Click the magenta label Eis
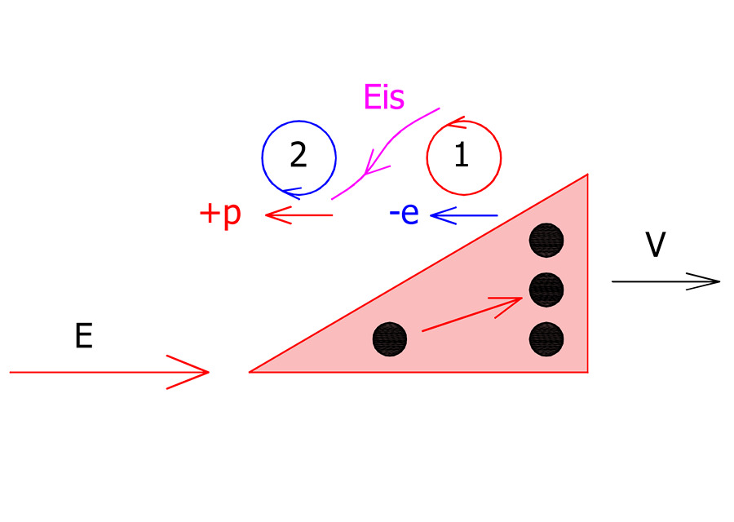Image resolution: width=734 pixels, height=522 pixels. tap(383, 98)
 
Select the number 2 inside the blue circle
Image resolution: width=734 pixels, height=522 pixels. tap(298, 155)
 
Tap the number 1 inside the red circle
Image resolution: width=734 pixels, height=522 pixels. tap(462, 156)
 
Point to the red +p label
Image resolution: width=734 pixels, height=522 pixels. tap(220, 215)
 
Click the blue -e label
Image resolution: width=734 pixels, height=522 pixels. tap(404, 215)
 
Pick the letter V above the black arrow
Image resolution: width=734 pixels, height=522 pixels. tap(656, 246)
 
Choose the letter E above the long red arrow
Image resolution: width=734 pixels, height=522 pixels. tap(83, 337)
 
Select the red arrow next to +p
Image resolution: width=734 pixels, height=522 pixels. tap(298, 215)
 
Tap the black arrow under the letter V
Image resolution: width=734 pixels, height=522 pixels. tap(665, 281)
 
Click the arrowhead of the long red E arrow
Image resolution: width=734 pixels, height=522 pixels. tap(196, 372)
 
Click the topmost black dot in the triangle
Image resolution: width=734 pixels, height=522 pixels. tap(546, 240)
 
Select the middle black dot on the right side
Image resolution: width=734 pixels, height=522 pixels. tap(546, 289)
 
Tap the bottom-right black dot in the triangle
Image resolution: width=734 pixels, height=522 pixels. tap(546, 338)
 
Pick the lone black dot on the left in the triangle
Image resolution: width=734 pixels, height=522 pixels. tap(390, 338)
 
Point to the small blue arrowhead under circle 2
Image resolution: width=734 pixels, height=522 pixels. tap(292, 192)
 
